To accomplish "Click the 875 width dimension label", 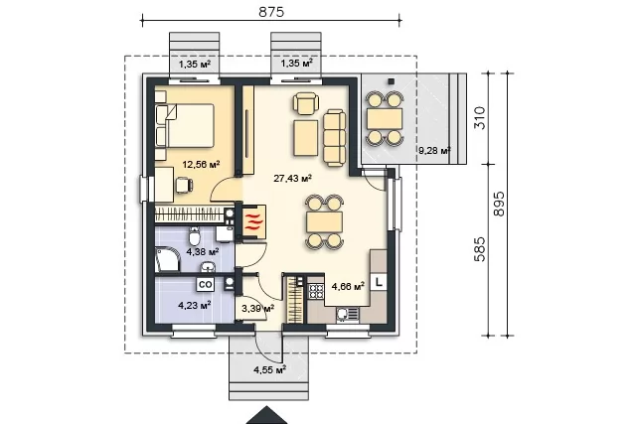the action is click(x=271, y=12).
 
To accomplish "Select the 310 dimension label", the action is click(x=480, y=118).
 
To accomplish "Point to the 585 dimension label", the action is click(x=480, y=249).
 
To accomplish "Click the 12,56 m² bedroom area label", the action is click(x=201, y=164).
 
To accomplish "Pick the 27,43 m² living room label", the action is click(x=292, y=178).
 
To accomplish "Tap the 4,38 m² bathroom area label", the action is click(x=203, y=252).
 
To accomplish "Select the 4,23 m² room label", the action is click(x=195, y=305).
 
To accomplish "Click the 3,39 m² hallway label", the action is click(x=257, y=309).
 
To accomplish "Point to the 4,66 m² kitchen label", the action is click(x=348, y=287).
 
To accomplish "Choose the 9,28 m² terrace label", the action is click(x=434, y=151).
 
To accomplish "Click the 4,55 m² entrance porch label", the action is click(x=269, y=369).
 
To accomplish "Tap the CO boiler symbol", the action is click(x=206, y=285).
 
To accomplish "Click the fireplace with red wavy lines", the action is click(x=253, y=221).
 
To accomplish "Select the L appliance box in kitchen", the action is click(x=379, y=282).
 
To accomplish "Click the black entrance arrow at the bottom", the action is click(x=267, y=415).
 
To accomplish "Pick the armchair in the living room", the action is click(x=305, y=104).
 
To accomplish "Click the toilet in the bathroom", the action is click(x=194, y=235).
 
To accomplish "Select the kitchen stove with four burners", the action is click(x=316, y=291).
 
